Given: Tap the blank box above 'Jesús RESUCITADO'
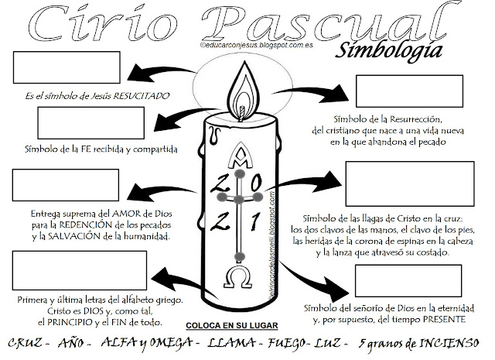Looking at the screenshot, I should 48,70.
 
